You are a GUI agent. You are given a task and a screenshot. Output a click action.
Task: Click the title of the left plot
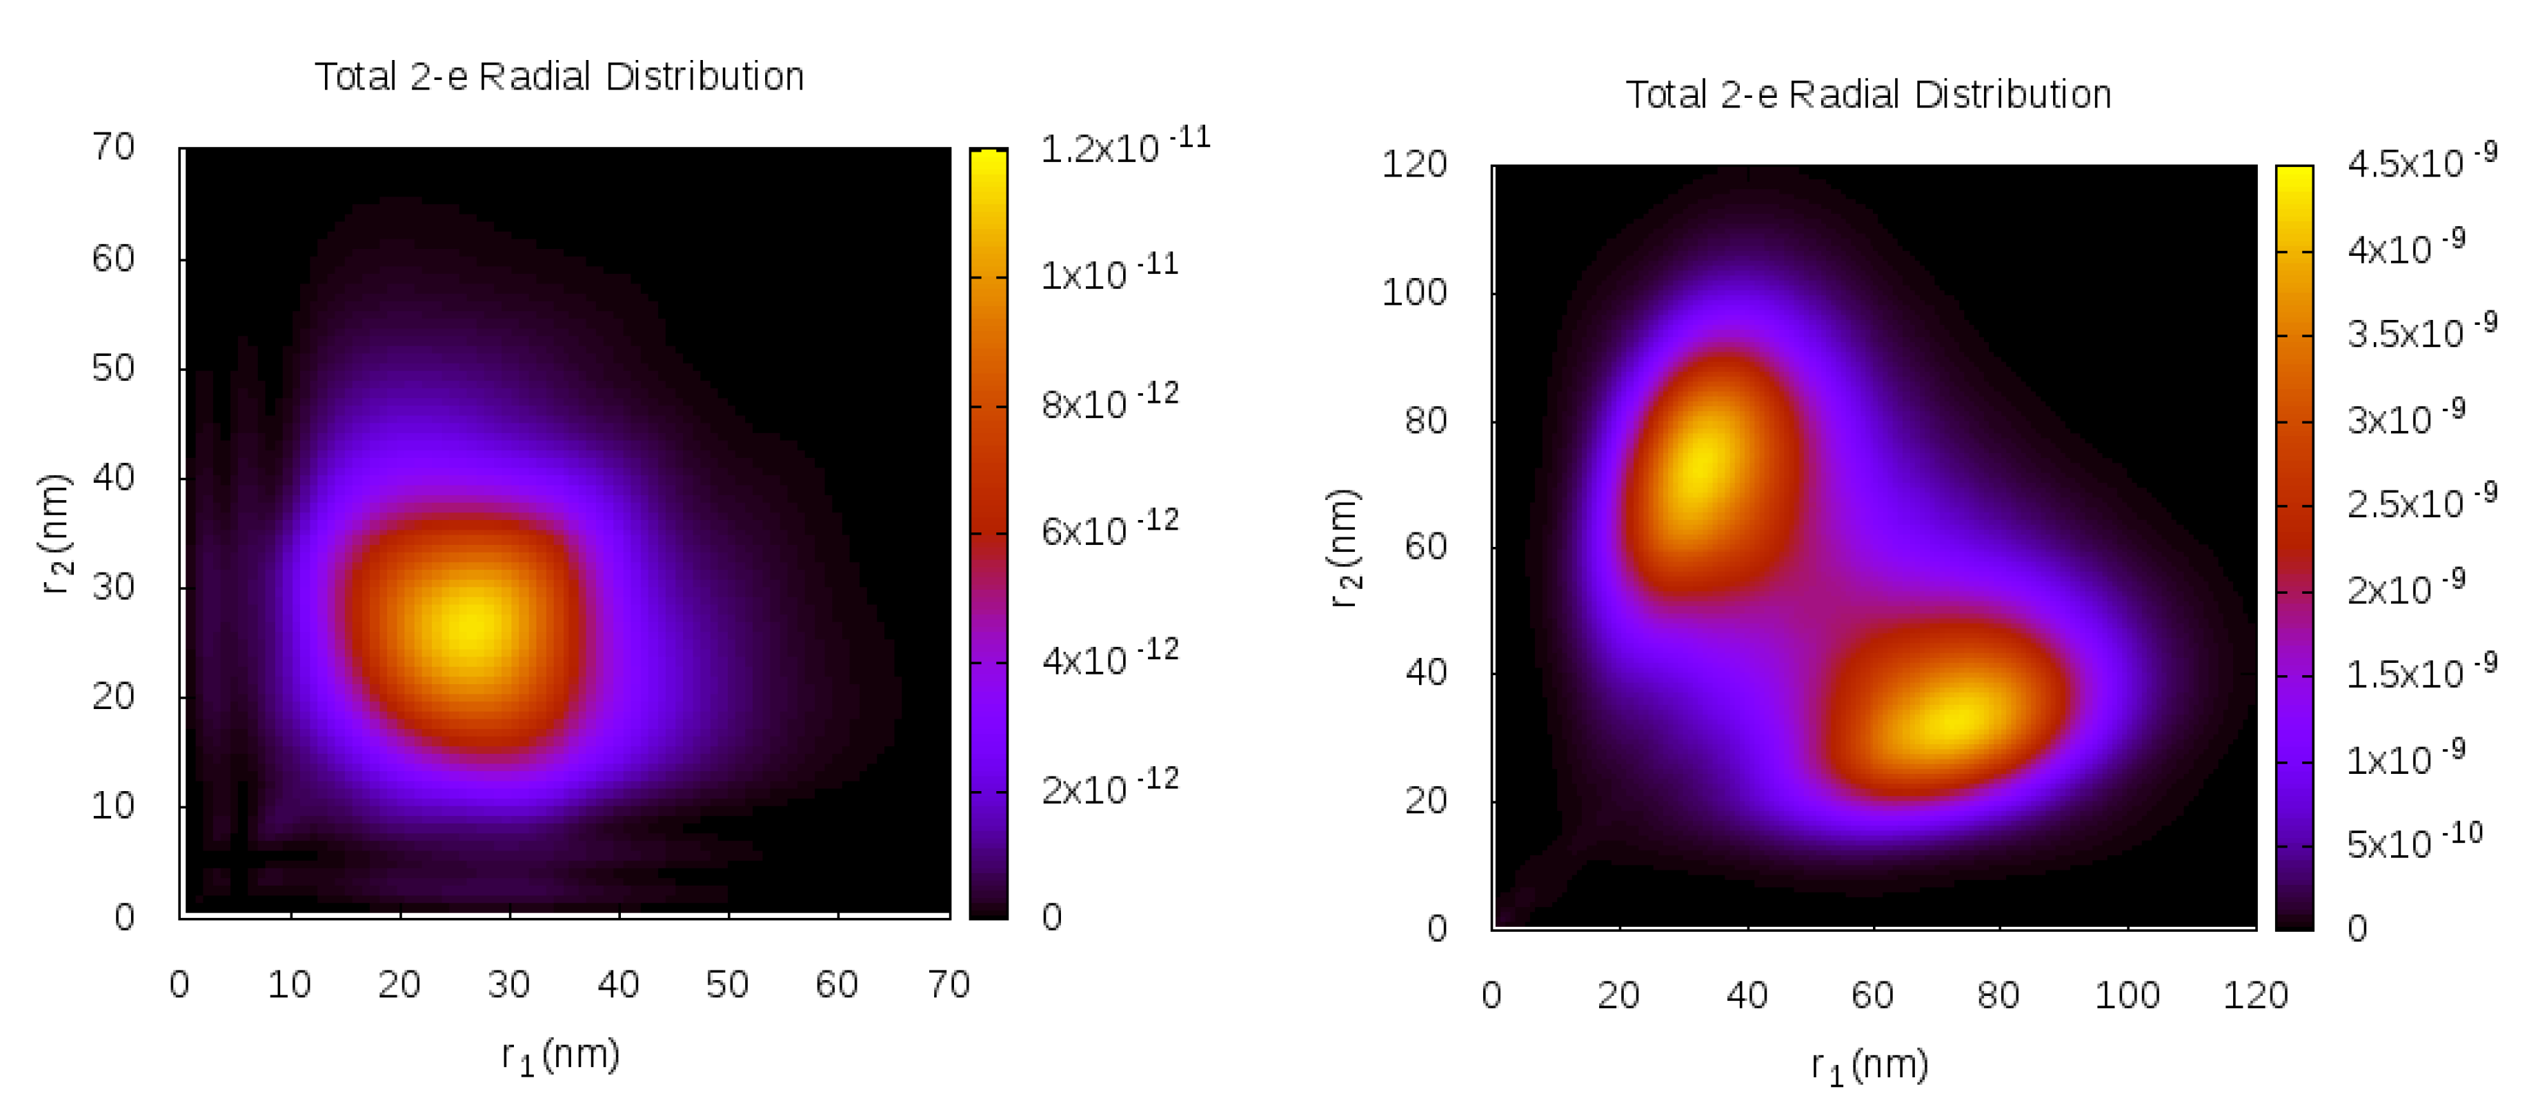pos(559,77)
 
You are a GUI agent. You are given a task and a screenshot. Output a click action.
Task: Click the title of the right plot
pos(1867,94)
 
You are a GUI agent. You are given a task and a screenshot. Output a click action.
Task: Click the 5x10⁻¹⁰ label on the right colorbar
pos(2414,842)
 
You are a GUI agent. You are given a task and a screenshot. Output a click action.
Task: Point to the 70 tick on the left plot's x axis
pos(949,984)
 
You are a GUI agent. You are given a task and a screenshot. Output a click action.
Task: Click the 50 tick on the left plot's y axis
pos(113,368)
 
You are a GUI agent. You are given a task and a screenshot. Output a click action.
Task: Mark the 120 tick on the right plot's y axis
pos(1414,164)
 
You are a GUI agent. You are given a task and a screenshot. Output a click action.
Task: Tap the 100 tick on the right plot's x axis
pos(2127,995)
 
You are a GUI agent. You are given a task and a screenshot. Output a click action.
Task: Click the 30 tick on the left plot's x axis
pos(508,984)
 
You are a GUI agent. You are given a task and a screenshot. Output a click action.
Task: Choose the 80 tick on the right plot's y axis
pos(1425,420)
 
